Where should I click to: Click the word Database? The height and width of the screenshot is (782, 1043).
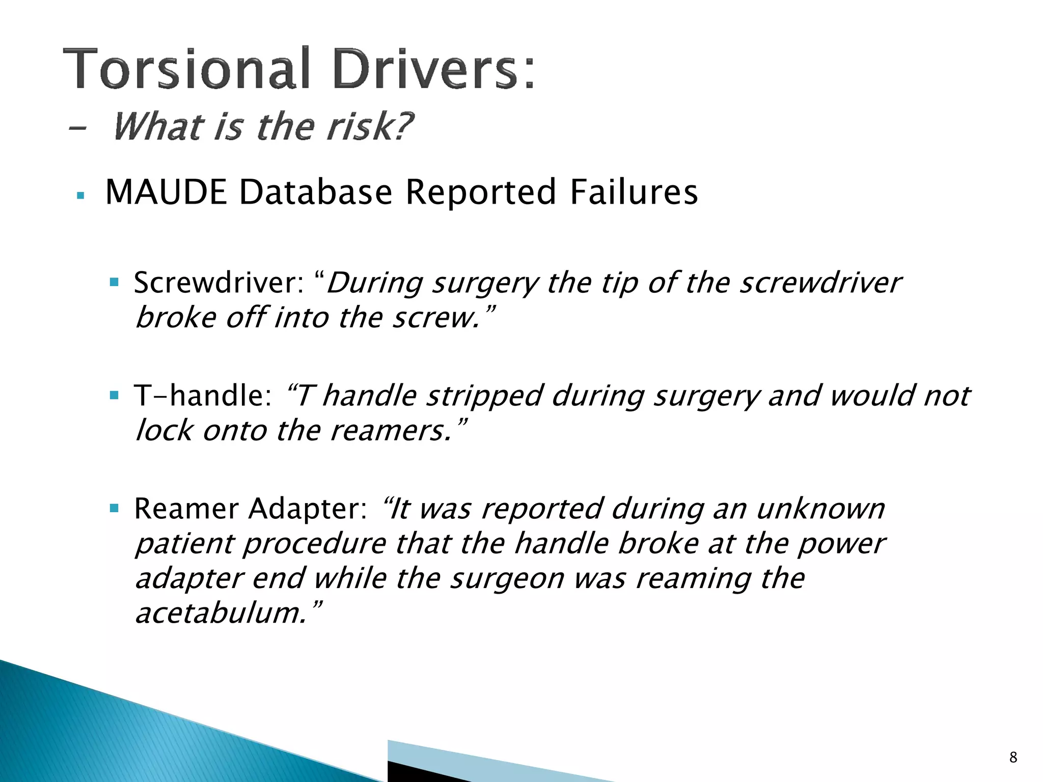316,192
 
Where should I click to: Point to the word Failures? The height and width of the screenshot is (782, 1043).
634,192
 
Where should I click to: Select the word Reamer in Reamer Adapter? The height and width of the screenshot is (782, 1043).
186,509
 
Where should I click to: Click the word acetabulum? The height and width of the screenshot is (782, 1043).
222,612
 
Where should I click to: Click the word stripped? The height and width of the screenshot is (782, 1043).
484,396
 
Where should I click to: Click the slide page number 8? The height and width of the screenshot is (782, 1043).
1013,758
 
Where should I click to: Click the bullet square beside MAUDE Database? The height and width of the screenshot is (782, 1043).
80,195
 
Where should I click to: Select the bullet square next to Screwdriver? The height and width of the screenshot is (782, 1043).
114,282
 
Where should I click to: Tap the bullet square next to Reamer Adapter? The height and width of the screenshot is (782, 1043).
114,508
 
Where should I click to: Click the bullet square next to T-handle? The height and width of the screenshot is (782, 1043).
114,395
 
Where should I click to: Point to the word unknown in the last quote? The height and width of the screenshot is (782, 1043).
820,509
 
